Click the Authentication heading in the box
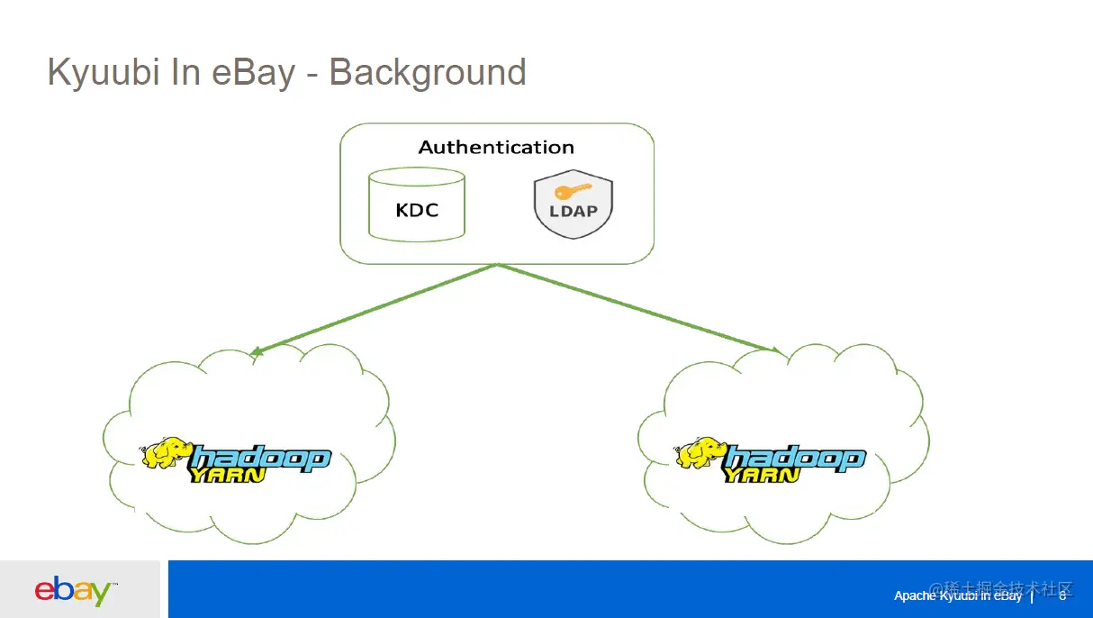coord(496,147)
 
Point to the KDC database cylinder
coord(417,205)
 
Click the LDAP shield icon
coord(573,206)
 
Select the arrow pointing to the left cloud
coord(374,307)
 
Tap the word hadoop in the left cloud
coord(261,457)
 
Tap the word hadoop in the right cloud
coord(796,457)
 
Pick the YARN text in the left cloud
coord(227,474)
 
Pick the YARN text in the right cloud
coord(762,474)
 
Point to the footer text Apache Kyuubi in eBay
coord(958,595)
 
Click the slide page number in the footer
coord(1062,595)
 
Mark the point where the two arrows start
coord(497,264)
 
